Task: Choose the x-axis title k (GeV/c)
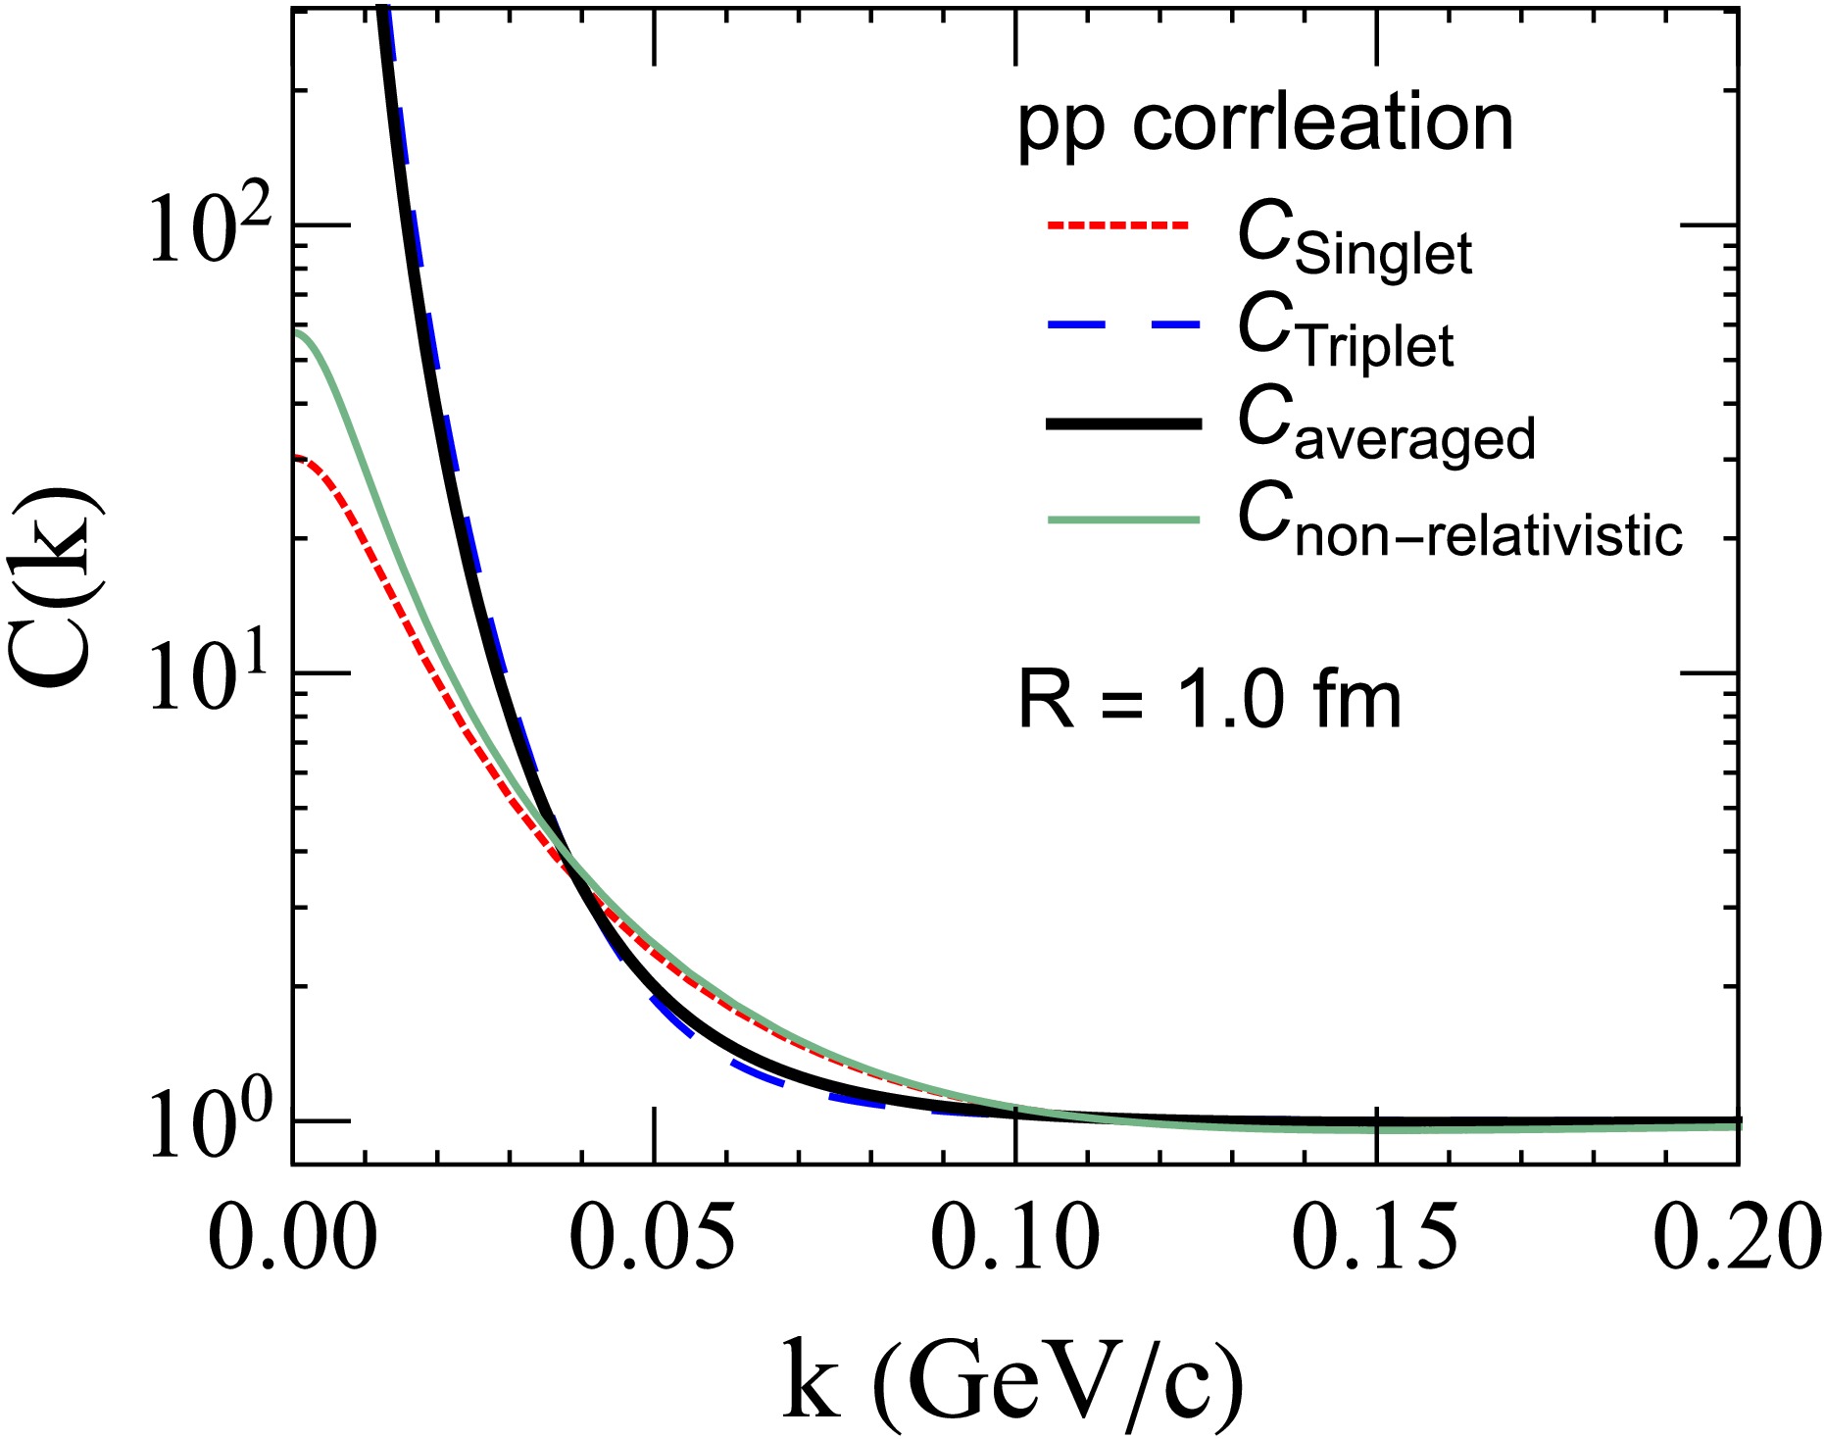pyautogui.click(x=1014, y=1381)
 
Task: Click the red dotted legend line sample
pyautogui.click(x=1117, y=225)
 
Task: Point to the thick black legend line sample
pyautogui.click(x=1123, y=423)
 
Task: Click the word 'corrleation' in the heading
pyautogui.click(x=1323, y=124)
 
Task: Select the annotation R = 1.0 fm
pyautogui.click(x=1210, y=700)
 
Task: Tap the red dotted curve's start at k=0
pyautogui.click(x=296, y=457)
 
